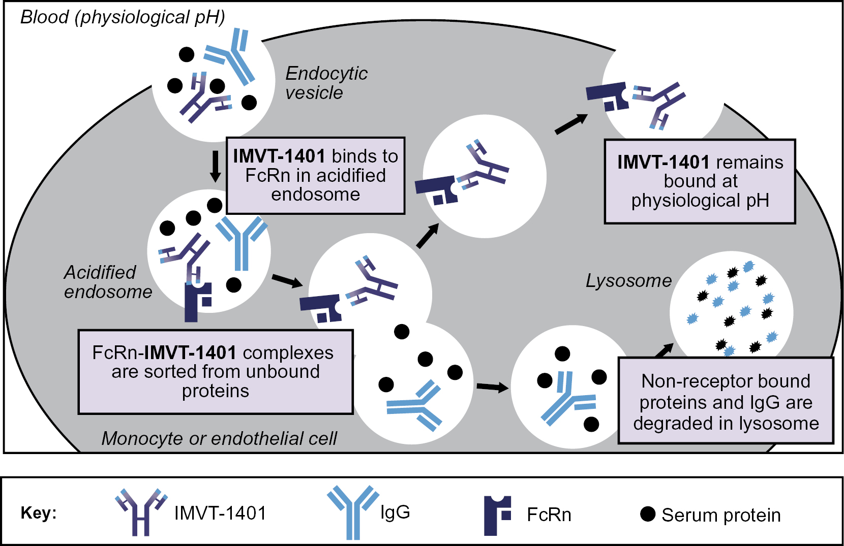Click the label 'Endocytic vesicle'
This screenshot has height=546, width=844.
[x=326, y=83]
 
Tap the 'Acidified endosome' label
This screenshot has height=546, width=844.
[x=108, y=282]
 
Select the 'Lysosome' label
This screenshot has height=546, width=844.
[x=628, y=281]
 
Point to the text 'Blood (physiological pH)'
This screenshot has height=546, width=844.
[x=123, y=17]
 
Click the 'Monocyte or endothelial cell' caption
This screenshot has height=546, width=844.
[x=219, y=438]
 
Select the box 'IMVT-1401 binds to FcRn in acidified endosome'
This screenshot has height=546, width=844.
[x=315, y=175]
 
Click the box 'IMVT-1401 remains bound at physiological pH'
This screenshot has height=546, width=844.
[x=700, y=181]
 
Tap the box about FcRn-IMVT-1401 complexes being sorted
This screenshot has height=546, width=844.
[x=215, y=372]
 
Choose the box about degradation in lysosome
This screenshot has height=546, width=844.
[x=726, y=401]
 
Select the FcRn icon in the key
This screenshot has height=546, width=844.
[x=497, y=515]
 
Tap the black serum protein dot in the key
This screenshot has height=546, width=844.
[x=647, y=514]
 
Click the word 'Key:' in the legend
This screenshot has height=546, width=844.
[x=39, y=513]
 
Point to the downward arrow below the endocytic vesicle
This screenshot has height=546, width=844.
[x=215, y=166]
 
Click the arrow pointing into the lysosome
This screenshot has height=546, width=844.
[x=664, y=350]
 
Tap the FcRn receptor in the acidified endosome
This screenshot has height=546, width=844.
[x=196, y=302]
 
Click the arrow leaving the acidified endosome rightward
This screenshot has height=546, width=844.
[x=287, y=280]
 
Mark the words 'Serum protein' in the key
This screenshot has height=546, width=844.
[x=721, y=515]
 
